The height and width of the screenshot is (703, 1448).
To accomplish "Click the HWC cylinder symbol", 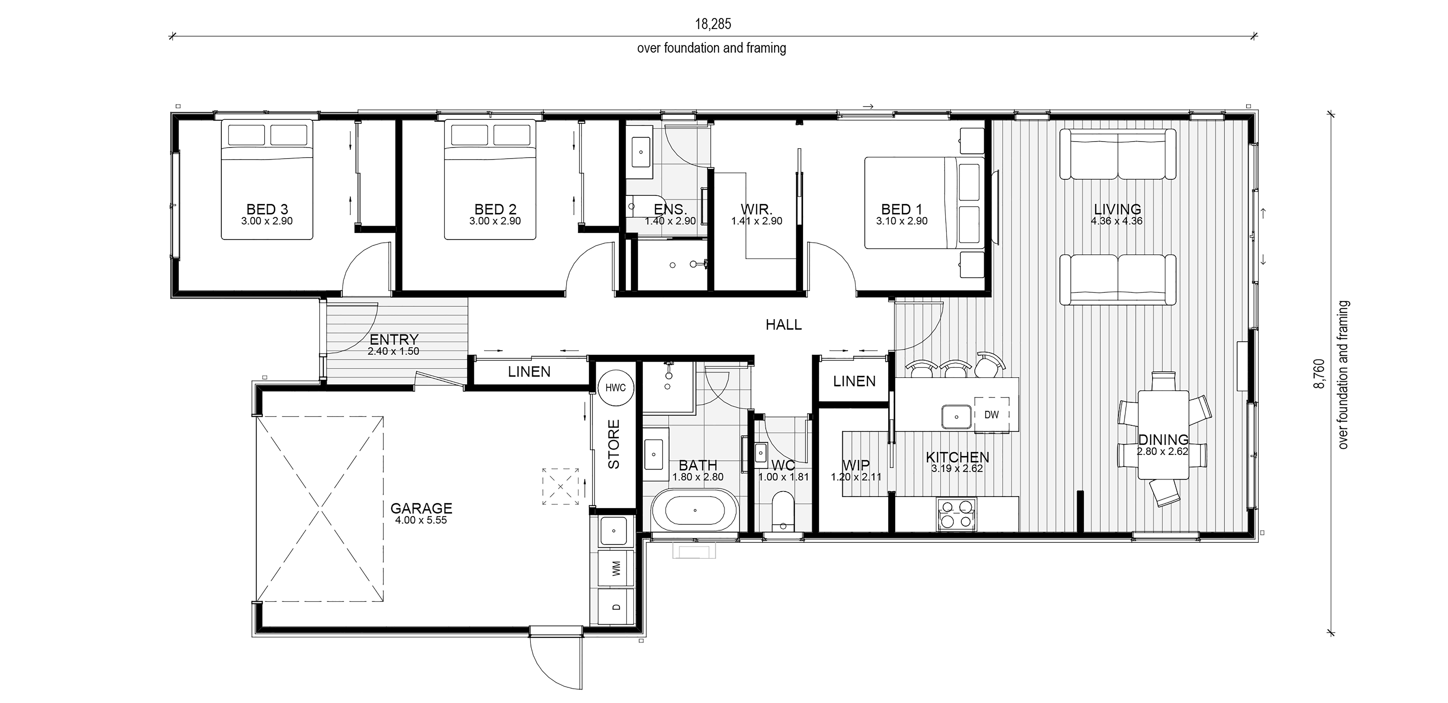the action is [616, 387].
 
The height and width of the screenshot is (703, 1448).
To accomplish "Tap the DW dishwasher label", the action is [992, 414].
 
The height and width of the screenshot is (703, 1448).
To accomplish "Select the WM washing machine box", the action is [616, 568].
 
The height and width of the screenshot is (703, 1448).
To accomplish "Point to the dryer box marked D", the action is [616, 606].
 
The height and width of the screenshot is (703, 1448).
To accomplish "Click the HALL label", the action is [784, 325].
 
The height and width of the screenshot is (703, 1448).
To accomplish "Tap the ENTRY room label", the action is [394, 340].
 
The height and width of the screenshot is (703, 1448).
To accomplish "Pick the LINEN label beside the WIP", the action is [854, 381].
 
